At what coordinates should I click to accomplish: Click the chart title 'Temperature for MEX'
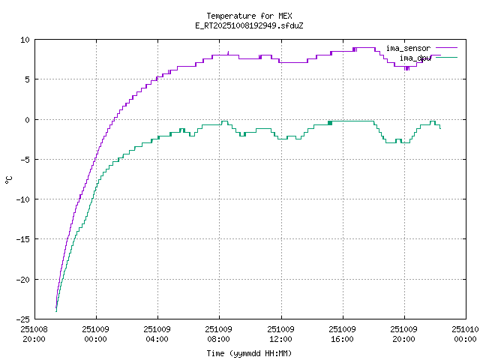point(248,16)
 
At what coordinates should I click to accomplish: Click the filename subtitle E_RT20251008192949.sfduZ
point(248,25)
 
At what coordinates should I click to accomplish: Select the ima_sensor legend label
point(408,49)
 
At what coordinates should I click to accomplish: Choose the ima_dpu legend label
point(415,58)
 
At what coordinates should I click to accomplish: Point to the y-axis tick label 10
point(25,40)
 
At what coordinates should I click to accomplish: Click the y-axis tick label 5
point(28,79)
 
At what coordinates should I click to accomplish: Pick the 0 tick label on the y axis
point(28,119)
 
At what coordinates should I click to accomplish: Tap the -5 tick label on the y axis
point(25,159)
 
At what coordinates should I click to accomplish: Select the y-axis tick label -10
point(23,199)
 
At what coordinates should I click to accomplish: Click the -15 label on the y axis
point(23,239)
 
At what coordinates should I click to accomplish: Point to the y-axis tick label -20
point(23,279)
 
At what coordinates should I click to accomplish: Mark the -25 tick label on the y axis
point(23,319)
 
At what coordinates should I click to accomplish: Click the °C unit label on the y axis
point(9,179)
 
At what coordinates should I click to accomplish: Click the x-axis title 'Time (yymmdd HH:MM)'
point(248,353)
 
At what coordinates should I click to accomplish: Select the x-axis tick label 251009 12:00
point(280,334)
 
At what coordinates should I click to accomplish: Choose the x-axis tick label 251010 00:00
point(465,334)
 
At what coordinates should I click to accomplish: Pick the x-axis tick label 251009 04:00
point(157,334)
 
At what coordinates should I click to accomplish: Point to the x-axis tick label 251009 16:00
point(342,334)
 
